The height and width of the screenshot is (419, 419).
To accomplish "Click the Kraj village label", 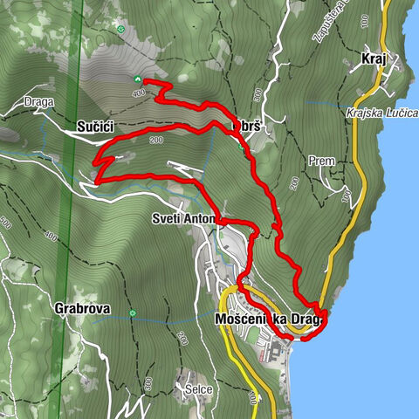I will [373, 60].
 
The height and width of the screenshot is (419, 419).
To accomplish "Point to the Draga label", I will [39, 101].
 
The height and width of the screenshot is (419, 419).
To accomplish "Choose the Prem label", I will [320, 161].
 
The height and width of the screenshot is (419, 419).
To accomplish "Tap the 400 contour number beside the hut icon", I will [138, 93].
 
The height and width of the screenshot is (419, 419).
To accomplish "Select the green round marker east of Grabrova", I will [133, 313].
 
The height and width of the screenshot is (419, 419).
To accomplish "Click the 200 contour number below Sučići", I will [157, 141].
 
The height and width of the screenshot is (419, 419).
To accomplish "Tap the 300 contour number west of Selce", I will [148, 381].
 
